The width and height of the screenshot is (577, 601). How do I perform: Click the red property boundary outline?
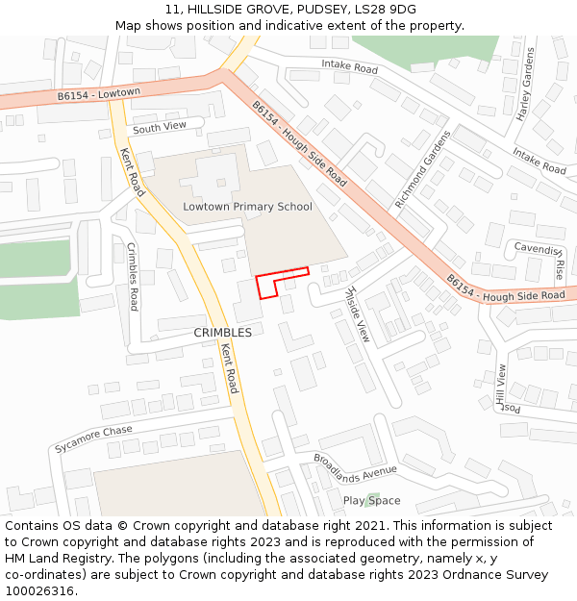[x=282, y=273]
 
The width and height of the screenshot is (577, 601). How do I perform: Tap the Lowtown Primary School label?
[x=247, y=207]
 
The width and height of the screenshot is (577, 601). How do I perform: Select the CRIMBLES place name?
[x=222, y=333]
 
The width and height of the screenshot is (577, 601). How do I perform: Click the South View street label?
[x=160, y=128]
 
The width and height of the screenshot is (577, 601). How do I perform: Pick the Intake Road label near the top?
[x=348, y=68]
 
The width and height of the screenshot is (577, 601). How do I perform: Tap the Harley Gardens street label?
[x=525, y=84]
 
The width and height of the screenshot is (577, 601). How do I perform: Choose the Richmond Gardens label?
[x=422, y=169]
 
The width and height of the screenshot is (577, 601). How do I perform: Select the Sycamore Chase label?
[x=93, y=439]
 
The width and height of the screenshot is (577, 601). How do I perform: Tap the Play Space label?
[x=371, y=501]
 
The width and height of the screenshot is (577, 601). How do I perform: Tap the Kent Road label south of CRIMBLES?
[x=229, y=368]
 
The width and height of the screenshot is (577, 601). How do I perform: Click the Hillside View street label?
[x=357, y=314]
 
